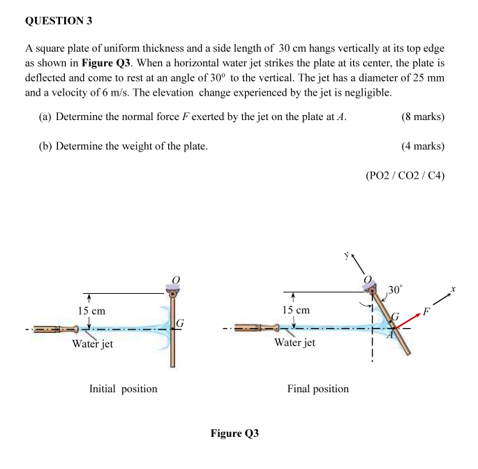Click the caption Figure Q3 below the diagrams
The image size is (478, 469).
click(x=234, y=433)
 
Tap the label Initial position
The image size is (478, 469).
click(x=123, y=389)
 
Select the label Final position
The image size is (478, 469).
click(x=318, y=389)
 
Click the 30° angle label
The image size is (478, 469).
click(x=396, y=290)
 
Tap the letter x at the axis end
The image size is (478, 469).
click(x=453, y=288)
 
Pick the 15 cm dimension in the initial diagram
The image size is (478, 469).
click(x=91, y=311)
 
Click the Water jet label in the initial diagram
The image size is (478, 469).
click(x=93, y=344)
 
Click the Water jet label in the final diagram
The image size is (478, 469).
click(x=294, y=343)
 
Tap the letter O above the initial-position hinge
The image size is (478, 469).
click(x=176, y=279)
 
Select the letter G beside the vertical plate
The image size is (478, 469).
click(x=180, y=323)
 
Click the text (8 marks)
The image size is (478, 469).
click(x=423, y=117)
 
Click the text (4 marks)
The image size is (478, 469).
click(x=423, y=146)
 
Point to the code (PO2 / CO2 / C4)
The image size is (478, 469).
click(x=405, y=176)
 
